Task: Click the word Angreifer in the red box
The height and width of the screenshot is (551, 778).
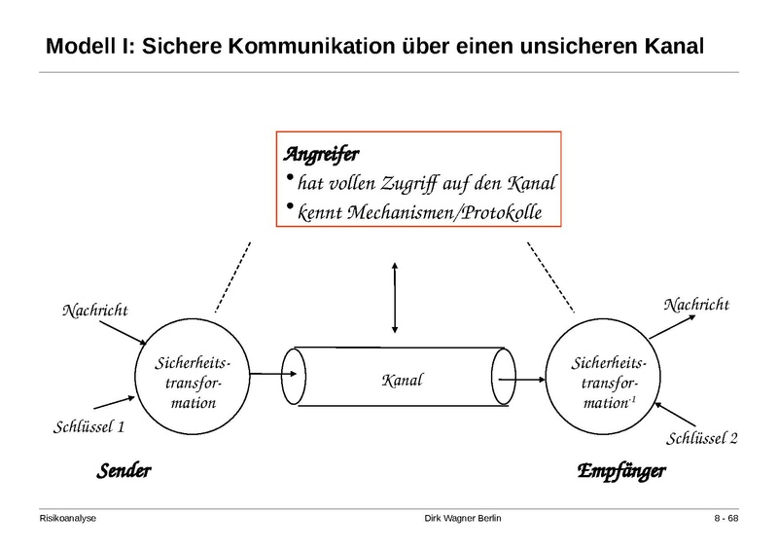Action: click(x=321, y=153)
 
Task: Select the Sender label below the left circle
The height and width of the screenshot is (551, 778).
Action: click(x=124, y=471)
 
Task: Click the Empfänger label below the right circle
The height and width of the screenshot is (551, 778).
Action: click(x=621, y=471)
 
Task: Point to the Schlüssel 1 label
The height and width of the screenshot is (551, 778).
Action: click(x=88, y=427)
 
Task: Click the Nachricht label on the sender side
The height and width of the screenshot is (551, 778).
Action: click(x=95, y=311)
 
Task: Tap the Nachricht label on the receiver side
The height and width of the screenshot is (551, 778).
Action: click(x=695, y=305)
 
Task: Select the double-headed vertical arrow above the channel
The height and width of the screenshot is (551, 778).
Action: click(x=393, y=296)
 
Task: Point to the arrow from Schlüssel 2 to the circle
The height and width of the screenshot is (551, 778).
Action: click(x=668, y=409)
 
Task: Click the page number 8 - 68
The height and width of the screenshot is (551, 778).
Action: click(x=726, y=518)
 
